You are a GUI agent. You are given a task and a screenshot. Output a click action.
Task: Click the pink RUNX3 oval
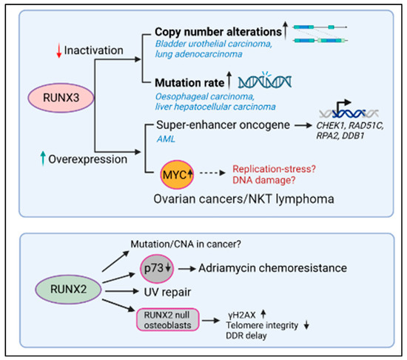[x=54, y=99]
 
